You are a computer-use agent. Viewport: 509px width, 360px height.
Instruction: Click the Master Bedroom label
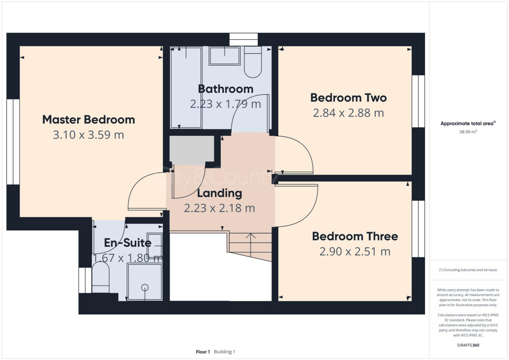pos(88,119)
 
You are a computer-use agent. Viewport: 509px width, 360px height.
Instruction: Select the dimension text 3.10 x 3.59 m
pos(88,135)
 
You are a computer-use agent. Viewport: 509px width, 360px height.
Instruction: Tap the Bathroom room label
pos(225,89)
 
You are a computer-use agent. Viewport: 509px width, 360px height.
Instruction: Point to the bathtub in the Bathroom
pos(186,88)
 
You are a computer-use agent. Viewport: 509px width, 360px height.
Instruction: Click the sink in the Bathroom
pos(225,56)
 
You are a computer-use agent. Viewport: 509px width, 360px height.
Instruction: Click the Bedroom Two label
pos(348,97)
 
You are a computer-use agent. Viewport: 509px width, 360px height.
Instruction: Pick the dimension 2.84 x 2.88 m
pos(348,113)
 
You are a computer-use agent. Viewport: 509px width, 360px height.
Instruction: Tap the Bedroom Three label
pos(354,236)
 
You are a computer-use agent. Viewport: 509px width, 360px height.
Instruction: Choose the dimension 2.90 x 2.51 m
pos(354,252)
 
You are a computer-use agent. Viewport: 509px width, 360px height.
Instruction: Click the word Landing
pos(219,193)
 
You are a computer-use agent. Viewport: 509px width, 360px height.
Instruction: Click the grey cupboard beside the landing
pos(192,150)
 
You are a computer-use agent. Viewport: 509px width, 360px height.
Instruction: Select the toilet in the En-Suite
pos(101,278)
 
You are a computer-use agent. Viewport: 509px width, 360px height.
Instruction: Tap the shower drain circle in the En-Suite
pos(145,287)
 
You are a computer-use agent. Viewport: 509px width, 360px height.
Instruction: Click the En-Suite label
pos(127,243)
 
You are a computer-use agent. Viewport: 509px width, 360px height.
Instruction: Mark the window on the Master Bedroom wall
pos(13,142)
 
